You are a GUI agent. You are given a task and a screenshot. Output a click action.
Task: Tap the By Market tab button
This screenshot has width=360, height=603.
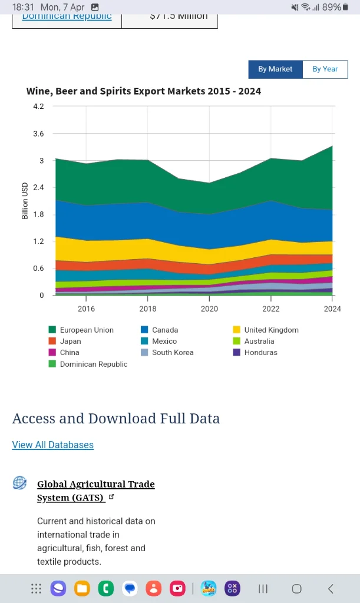click(275, 69)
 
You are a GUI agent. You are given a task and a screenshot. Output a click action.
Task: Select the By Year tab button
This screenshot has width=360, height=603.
click(325, 69)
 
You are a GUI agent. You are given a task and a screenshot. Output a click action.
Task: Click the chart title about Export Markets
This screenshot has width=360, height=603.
click(144, 91)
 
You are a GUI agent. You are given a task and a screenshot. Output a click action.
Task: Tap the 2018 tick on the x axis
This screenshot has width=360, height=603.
click(148, 309)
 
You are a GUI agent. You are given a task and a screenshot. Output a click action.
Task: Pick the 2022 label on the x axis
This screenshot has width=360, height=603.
click(271, 309)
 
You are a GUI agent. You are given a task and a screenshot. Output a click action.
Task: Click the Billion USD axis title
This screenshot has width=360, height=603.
click(25, 201)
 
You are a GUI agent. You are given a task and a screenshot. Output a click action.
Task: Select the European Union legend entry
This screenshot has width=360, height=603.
click(87, 330)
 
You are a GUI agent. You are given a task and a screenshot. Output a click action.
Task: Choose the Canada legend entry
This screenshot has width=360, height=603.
click(164, 330)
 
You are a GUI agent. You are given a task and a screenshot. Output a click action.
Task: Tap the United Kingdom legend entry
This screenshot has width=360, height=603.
click(271, 330)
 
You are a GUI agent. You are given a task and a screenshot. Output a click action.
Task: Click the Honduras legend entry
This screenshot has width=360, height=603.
click(260, 352)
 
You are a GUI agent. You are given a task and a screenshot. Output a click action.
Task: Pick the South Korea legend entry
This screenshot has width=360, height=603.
click(173, 352)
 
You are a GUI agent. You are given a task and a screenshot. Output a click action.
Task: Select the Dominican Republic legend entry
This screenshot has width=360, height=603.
click(93, 364)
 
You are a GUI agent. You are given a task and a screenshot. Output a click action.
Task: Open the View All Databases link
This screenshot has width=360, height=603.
click(53, 445)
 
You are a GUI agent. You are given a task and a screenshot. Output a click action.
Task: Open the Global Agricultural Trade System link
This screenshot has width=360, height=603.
click(95, 491)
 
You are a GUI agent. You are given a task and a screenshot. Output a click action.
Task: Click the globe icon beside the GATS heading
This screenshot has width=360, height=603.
click(20, 483)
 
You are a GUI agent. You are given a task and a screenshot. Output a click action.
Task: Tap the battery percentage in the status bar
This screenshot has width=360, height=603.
click(332, 7)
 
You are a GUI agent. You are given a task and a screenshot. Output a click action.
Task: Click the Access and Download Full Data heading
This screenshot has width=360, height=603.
click(116, 419)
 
